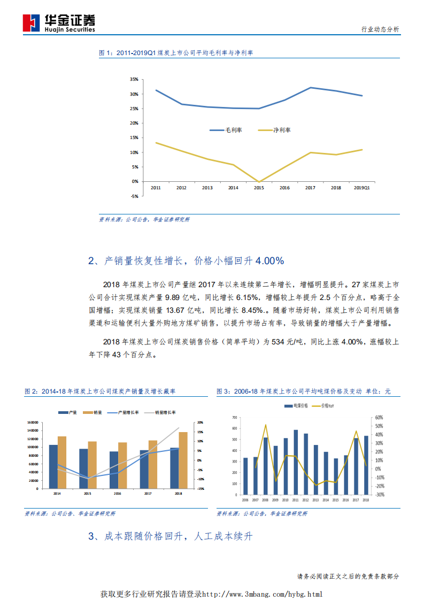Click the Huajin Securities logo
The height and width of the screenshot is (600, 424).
59,22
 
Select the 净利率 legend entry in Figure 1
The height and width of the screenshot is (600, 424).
281,130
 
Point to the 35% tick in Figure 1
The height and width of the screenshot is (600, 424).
134,79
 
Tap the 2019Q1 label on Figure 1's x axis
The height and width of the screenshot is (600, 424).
363,188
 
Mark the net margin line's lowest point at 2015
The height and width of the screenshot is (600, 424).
259,182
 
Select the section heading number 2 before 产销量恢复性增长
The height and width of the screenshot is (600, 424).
91,261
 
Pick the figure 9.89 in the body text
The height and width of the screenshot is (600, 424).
174,296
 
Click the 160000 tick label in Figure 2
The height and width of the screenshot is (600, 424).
32,422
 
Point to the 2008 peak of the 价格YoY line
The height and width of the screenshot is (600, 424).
266,425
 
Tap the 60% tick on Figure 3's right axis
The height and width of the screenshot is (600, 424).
379,417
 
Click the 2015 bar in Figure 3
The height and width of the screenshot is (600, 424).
336,476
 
